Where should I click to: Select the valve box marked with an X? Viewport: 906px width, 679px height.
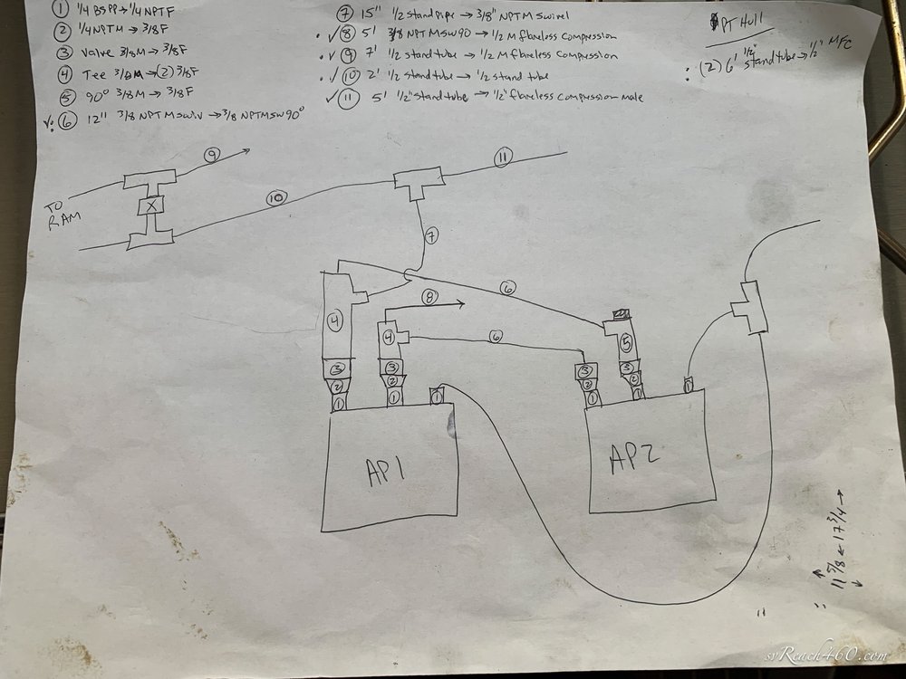(150, 206)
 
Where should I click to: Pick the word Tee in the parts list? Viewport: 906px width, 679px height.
(94, 73)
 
